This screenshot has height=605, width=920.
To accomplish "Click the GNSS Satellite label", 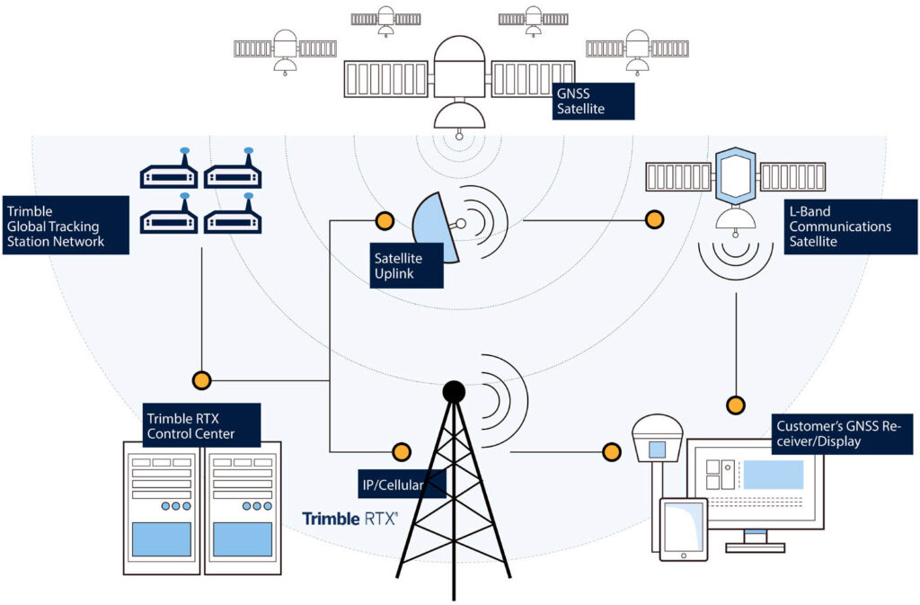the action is [x=593, y=101].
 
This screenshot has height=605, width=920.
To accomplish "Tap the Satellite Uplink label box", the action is [x=406, y=266].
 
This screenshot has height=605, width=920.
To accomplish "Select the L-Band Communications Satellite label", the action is [x=851, y=227].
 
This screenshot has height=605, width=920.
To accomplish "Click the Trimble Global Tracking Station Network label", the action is [x=66, y=226].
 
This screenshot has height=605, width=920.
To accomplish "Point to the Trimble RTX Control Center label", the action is [x=202, y=425].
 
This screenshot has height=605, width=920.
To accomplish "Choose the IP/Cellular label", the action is [x=402, y=485].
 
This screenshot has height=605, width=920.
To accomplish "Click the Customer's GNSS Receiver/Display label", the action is [x=843, y=434].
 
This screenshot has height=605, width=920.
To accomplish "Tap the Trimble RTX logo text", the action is [x=349, y=519].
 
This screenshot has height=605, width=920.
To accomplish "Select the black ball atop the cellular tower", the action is [x=454, y=391].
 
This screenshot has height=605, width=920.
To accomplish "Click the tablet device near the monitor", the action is [x=684, y=529].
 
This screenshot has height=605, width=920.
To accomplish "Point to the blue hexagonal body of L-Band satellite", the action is [x=736, y=176].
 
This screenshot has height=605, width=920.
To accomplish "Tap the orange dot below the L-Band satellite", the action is [x=736, y=405].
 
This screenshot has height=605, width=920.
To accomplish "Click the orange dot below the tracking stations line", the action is [x=201, y=380].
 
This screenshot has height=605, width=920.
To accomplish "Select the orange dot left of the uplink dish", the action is [x=385, y=220].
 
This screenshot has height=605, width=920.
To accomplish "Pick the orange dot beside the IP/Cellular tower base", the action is [x=402, y=452].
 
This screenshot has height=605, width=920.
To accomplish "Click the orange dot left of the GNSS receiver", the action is [x=612, y=452].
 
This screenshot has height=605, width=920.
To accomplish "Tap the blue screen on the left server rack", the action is [x=162, y=539].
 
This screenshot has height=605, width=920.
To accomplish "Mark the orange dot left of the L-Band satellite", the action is [x=654, y=219].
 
